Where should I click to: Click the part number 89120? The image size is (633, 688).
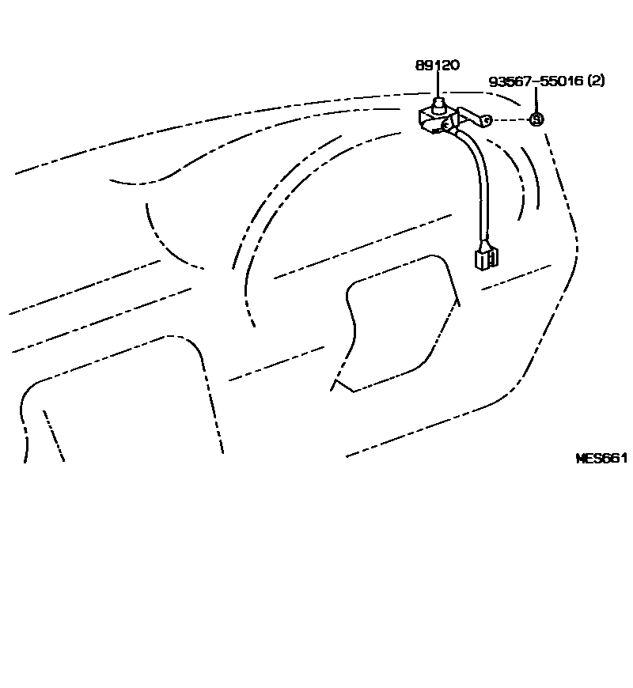pos(437,66)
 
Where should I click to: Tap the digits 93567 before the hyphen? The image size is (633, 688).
pos(510,81)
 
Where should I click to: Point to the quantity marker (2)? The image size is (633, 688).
pos(597,81)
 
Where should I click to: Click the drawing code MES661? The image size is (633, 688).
pos(601,458)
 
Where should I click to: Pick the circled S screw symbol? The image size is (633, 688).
pos(536,119)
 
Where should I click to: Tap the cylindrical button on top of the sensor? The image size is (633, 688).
pos(438,104)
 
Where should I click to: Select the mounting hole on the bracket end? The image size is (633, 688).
pos(487,120)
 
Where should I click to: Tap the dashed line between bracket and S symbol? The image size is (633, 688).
pos(511,120)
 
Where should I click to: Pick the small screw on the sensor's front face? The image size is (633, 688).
pos(446,124)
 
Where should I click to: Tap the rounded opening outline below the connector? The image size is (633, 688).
pos(396,316)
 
